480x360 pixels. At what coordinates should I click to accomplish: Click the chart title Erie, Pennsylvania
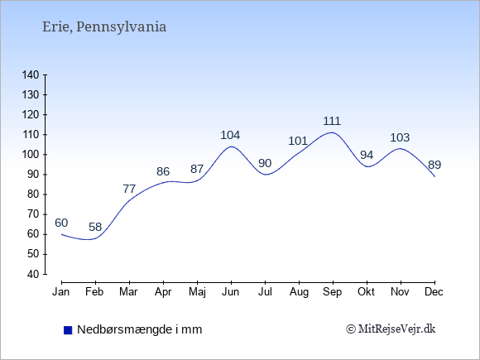click(x=104, y=27)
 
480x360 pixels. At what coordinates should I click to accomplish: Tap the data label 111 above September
click(x=332, y=121)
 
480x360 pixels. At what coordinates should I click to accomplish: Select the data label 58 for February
click(x=95, y=227)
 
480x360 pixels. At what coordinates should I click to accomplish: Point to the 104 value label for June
click(x=231, y=135)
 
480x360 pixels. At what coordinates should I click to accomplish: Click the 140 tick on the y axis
click(x=31, y=74)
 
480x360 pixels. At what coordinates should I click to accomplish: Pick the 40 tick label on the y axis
click(x=33, y=274)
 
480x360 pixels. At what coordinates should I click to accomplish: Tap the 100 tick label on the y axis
click(x=31, y=155)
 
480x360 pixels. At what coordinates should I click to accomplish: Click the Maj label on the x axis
click(x=197, y=292)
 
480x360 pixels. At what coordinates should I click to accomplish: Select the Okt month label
click(x=366, y=292)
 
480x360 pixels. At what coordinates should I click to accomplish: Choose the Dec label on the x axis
click(x=434, y=292)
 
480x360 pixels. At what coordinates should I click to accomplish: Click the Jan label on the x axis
click(x=61, y=292)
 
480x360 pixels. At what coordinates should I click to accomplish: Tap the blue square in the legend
click(x=68, y=330)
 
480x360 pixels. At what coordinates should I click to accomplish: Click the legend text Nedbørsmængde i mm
click(x=140, y=329)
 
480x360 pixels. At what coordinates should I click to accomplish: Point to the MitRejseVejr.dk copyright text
click(x=391, y=329)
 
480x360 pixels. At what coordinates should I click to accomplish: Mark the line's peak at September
click(x=332, y=132)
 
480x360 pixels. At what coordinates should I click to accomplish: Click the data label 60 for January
click(x=61, y=223)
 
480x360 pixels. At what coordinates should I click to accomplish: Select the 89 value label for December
click(x=434, y=165)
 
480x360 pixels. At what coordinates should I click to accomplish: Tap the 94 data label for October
click(x=367, y=156)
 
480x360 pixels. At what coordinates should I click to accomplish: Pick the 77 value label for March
click(x=129, y=189)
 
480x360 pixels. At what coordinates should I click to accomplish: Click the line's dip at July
click(x=265, y=175)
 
